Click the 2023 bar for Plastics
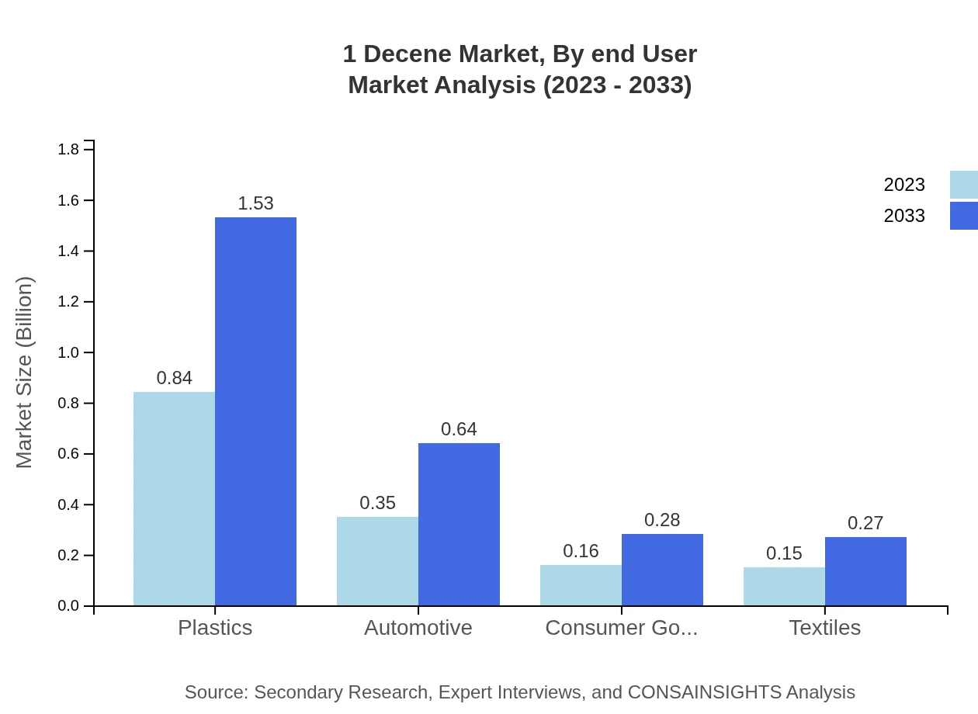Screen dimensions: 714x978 [174, 498]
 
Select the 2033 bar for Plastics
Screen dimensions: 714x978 [255, 411]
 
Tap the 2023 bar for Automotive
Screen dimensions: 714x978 [377, 561]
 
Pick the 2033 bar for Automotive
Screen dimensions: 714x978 [459, 524]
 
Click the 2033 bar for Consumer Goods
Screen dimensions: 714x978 [662, 570]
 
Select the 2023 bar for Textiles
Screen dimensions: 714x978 [784, 586]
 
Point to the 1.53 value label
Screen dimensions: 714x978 [255, 203]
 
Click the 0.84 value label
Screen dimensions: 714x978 [174, 378]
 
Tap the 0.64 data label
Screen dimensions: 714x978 [459, 429]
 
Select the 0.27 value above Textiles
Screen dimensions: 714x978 [865, 523]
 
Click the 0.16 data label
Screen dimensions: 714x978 [581, 551]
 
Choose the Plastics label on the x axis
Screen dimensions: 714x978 [215, 627]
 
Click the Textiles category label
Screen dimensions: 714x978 [824, 627]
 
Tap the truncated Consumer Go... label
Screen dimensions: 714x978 [621, 627]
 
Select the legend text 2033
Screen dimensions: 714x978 [904, 216]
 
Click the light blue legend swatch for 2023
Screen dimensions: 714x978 [963, 185]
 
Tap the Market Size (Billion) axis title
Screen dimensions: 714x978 [25, 373]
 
